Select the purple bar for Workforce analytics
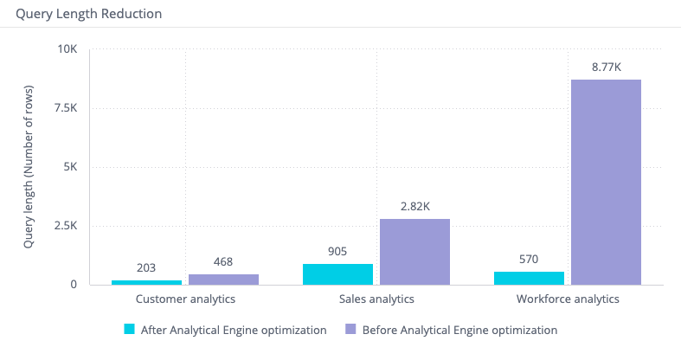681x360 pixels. click(x=606, y=182)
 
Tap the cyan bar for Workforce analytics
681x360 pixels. click(x=529, y=278)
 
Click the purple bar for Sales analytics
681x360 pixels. click(x=414, y=251)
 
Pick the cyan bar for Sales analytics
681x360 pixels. click(x=337, y=273)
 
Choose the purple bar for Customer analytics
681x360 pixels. click(x=223, y=279)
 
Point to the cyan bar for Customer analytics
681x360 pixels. click(x=146, y=282)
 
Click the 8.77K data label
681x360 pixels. click(x=606, y=66)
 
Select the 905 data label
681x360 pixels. click(x=337, y=251)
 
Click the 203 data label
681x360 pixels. click(x=146, y=267)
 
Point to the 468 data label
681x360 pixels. click(x=223, y=261)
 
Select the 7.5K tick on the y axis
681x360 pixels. click(x=64, y=108)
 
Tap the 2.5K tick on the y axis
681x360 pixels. click(x=64, y=226)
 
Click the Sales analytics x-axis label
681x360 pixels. click(x=376, y=299)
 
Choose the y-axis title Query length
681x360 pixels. click(x=29, y=167)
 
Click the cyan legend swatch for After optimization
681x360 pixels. click(x=130, y=329)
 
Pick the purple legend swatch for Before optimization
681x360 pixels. click(x=350, y=329)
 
